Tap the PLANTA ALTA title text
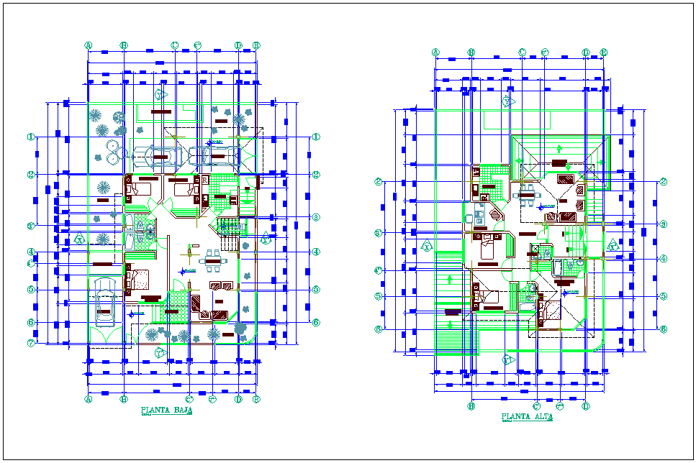point(527,416)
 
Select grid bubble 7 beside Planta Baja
point(31,343)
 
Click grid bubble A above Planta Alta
point(435,52)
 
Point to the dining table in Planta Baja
point(212,260)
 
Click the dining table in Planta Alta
point(529,192)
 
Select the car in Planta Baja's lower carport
point(105,302)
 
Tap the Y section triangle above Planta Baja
point(161,95)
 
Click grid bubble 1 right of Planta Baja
point(316,137)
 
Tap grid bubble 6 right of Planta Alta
point(664,329)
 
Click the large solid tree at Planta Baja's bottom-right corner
point(240,328)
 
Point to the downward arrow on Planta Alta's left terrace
point(451,280)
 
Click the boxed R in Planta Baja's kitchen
point(204,178)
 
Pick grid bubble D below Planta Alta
point(586,406)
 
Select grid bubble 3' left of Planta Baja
point(31,226)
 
